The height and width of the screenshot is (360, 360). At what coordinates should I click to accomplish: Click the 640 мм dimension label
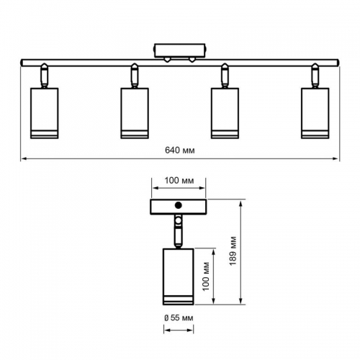click(180, 150)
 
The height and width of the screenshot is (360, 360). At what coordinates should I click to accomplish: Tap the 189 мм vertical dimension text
click(233, 251)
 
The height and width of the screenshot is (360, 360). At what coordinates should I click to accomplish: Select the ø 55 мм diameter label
click(179, 318)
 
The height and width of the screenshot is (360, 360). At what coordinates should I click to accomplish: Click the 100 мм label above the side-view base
click(179, 181)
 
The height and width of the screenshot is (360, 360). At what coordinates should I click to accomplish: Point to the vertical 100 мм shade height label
click(206, 276)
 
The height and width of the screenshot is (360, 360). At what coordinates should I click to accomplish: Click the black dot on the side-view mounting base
click(179, 205)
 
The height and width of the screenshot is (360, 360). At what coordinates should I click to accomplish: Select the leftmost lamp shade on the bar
click(45, 113)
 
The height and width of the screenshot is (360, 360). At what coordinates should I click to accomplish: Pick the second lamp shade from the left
click(135, 113)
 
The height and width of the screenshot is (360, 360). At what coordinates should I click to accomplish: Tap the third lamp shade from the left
click(225, 113)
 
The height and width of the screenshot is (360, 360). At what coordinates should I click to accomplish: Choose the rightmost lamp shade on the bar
click(315, 113)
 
